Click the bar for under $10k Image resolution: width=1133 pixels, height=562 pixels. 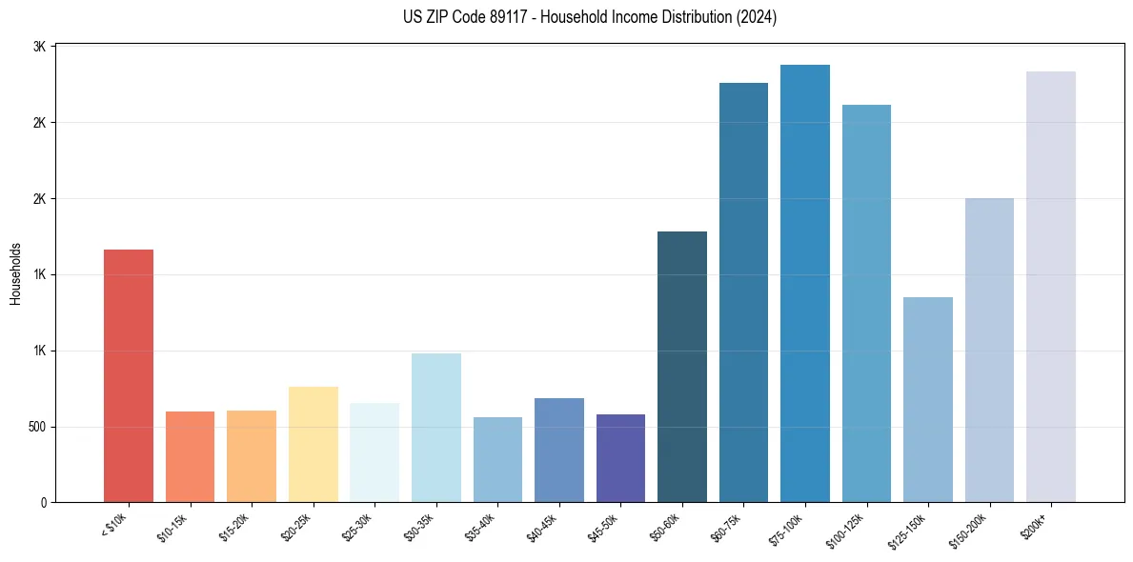pos(129,375)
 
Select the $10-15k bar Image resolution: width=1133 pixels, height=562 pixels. pos(190,456)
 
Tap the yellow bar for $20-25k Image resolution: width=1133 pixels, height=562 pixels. pos(313,444)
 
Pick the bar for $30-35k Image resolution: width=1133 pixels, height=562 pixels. pos(435,428)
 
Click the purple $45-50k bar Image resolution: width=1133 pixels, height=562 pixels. pos(620,458)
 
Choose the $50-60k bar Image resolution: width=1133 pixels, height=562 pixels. pos(682,367)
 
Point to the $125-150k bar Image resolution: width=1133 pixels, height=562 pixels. pos(928,399)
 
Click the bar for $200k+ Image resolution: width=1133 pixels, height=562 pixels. pos(1051,287)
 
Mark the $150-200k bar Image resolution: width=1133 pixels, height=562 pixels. pos(989,350)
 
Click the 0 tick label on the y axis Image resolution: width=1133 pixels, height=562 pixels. pos(44,503)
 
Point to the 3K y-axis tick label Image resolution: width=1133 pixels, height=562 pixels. pos(41,47)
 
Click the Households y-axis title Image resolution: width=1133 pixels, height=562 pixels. pos(15,273)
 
